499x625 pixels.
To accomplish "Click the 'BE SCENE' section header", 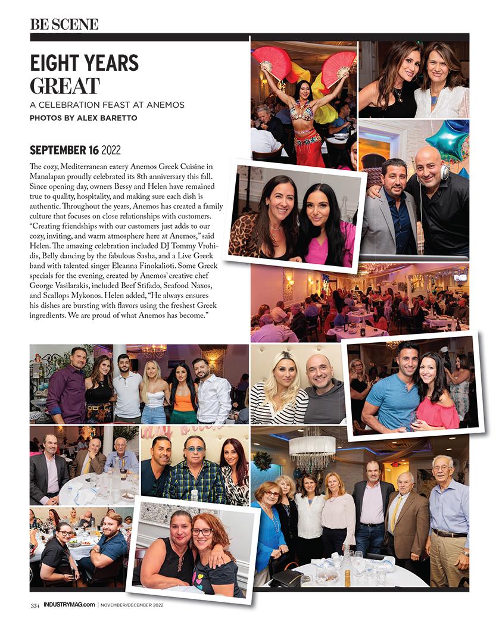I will [64, 24].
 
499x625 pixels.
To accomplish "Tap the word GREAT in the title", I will [64, 86].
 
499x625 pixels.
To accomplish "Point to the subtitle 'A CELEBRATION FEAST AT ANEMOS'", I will [107, 105].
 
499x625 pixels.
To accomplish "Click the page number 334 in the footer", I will [35, 605].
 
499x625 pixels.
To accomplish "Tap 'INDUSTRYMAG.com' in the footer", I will [69, 605].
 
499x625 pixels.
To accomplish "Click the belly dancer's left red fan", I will [271, 63].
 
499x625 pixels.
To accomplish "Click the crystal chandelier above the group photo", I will [312, 451].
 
